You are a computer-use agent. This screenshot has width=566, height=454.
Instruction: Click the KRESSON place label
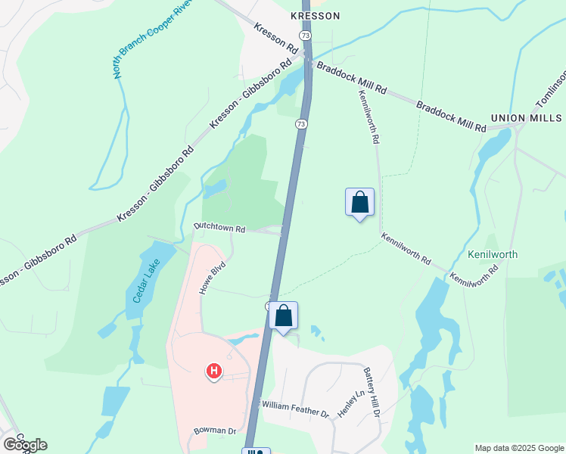coord(316,15)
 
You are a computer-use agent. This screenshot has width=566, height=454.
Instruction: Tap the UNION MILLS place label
coord(526,118)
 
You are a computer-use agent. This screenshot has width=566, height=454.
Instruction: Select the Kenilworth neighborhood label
coord(493,254)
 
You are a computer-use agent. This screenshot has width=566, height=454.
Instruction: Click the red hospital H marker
coord(214,371)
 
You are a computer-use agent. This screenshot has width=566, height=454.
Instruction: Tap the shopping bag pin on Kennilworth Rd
coord(359,203)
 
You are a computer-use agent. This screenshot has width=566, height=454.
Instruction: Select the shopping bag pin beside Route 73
coord(283,316)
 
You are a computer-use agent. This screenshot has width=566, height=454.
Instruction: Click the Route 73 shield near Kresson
coord(304,36)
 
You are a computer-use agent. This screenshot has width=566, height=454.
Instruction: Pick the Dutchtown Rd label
coord(220,227)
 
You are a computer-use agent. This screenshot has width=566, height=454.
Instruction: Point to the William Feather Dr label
coord(296,409)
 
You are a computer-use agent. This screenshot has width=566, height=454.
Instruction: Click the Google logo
coord(24,445)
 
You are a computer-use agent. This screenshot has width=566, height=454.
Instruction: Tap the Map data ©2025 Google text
coord(519,448)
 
